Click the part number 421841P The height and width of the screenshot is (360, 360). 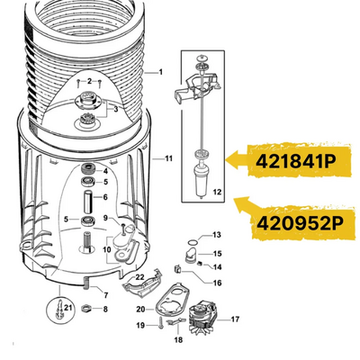295,162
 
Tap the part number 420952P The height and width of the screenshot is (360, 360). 300,223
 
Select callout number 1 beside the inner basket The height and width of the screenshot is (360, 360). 161,72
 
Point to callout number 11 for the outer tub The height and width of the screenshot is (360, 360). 169,158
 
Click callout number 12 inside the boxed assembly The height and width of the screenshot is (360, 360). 217,192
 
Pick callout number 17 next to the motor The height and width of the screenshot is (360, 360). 235,319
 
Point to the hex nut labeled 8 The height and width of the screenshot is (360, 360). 86,308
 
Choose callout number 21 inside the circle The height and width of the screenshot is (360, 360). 68,308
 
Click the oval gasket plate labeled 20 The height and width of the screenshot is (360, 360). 173,301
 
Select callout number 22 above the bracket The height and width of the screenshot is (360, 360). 140,277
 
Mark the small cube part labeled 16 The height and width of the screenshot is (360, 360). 177,269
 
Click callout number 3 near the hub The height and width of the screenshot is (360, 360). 116,110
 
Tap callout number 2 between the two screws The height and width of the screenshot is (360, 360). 89,81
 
